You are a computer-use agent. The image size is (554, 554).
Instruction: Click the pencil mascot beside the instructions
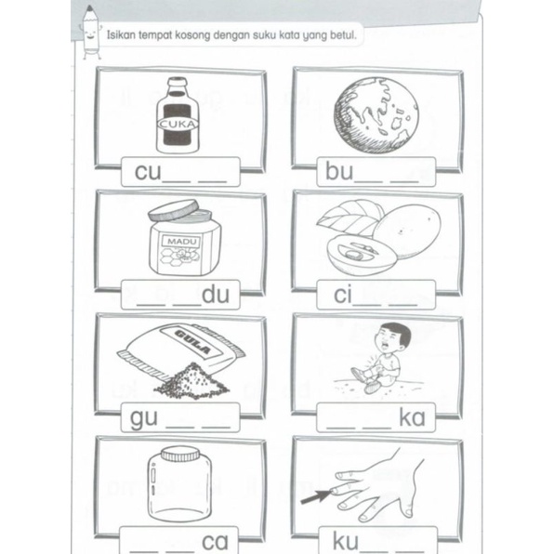pos(91,33)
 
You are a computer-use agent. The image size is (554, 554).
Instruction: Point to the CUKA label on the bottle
pos(178,124)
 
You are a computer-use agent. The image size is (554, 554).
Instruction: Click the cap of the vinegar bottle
pos(178,83)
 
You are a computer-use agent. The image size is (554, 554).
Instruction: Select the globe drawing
pos(376,116)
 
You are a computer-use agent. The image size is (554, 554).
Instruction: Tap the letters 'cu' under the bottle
pos(148,171)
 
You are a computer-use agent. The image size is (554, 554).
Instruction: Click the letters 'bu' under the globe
pos(339,171)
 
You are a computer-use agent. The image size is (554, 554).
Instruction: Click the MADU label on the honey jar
pos(181,242)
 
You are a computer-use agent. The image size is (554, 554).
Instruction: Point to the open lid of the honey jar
pos(173,210)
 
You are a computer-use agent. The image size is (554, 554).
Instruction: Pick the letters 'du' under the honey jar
pos(216,295)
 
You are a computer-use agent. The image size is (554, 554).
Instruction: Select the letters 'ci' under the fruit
pos(343,295)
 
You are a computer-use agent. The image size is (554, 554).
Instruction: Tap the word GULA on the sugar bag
pos(193,342)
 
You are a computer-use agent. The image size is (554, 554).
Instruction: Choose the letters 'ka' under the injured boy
pos(412,417)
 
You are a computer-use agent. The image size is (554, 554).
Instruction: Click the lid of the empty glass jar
pos(179,454)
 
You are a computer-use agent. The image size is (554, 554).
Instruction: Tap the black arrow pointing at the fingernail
pos(316,496)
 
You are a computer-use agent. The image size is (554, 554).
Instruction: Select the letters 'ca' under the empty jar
pos(215,542)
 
